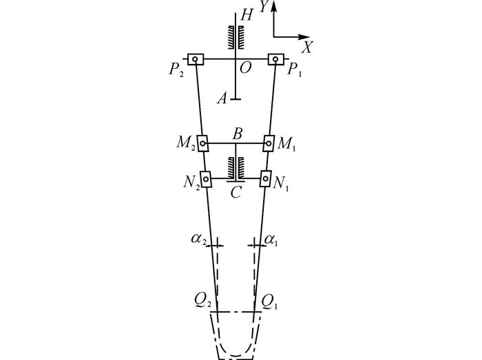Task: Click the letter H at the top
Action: point(247,14)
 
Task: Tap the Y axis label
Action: point(264,6)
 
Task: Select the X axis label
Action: point(307,47)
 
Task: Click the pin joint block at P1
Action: point(275,59)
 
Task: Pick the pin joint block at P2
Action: point(196,59)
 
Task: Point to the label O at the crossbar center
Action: point(245,68)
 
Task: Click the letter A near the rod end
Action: point(222,99)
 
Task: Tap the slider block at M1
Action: point(269,143)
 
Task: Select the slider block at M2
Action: point(202,143)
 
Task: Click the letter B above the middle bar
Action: point(238,134)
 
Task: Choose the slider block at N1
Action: point(266,178)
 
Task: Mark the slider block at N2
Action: point(206,179)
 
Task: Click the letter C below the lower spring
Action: point(235,193)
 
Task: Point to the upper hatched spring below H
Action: point(235,37)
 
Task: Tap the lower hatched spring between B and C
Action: point(235,168)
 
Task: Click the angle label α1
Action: point(271,240)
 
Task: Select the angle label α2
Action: point(198,240)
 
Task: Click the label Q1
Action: point(269,303)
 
